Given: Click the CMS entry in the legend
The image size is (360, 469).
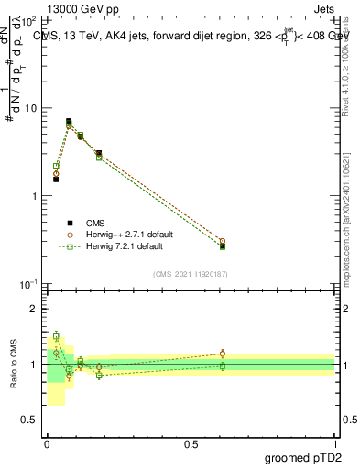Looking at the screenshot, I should [95, 223].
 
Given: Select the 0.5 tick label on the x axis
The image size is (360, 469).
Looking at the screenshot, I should [191, 443].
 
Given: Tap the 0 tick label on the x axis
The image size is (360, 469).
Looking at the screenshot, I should [47, 443].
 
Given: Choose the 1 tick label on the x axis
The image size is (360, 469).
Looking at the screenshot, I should [334, 443].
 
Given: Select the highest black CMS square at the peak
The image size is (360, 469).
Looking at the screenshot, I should [69, 121].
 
